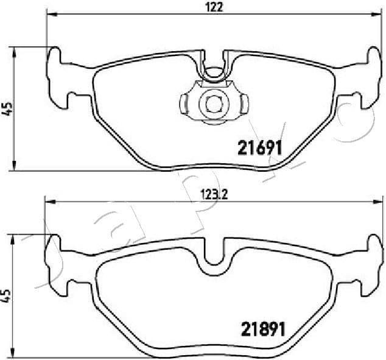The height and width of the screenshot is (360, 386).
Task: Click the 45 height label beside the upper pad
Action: (8, 108)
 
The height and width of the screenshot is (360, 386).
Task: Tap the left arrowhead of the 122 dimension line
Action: (50, 15)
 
